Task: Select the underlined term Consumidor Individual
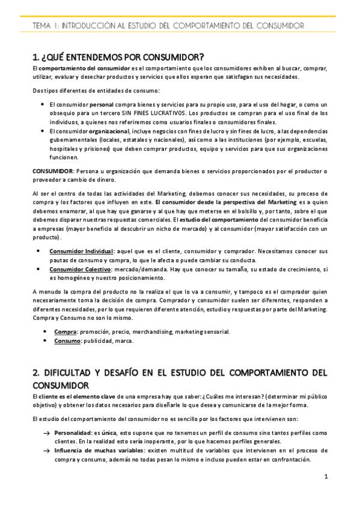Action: (81, 250)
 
